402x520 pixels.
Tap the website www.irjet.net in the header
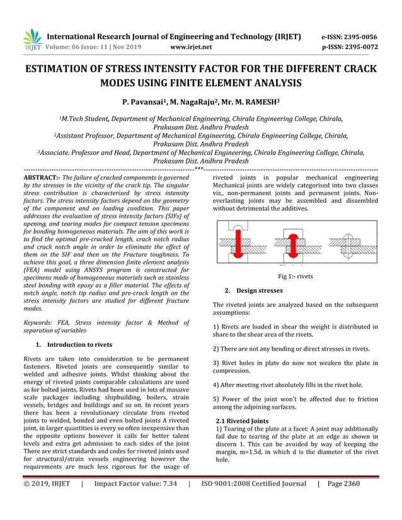(x=192, y=47)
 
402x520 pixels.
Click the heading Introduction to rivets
(x=79, y=344)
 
